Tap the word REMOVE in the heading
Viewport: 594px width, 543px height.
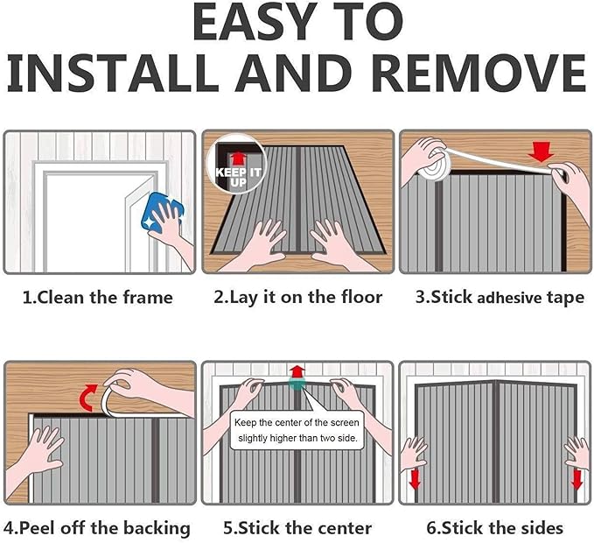click(481, 73)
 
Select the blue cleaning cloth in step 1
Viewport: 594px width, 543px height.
click(162, 212)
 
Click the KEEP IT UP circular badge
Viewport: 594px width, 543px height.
click(237, 164)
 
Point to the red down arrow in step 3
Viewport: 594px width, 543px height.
click(541, 152)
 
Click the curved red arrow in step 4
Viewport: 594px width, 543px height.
click(89, 398)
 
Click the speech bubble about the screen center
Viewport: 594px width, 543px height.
click(297, 430)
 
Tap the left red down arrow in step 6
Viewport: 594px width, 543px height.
click(416, 480)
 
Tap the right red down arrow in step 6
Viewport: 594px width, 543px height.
click(577, 480)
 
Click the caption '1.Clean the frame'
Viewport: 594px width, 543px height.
click(98, 297)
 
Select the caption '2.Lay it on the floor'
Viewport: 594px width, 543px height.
click(297, 297)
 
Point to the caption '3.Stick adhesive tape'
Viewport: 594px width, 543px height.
click(500, 297)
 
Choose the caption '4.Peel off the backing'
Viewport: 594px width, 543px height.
click(97, 528)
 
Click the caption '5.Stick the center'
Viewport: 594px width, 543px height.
click(297, 528)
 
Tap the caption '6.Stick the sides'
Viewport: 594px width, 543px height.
click(495, 528)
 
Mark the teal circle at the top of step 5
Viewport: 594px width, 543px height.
click(297, 383)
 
